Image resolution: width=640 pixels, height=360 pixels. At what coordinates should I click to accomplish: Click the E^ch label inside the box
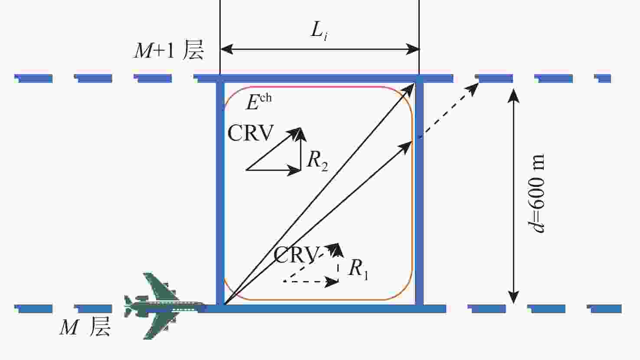(x=258, y=101)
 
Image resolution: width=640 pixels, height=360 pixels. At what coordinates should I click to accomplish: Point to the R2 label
(x=317, y=160)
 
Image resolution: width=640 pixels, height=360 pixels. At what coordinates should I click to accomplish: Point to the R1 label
(x=358, y=268)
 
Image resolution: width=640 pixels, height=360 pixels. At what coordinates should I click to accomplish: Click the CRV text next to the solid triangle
(x=251, y=133)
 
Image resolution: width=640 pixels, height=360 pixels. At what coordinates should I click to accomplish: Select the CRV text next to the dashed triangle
(x=297, y=255)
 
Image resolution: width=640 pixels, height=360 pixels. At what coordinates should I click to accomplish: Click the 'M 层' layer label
(x=85, y=327)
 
